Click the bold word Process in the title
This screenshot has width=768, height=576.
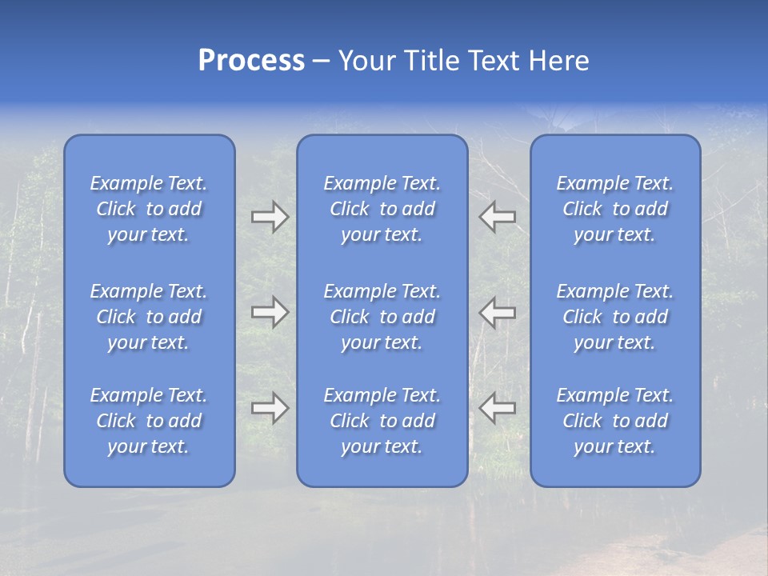coord(251,61)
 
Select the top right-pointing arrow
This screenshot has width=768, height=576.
coord(270,217)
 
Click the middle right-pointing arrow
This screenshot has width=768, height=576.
coord(270,312)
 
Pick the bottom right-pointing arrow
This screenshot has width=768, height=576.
coord(270,408)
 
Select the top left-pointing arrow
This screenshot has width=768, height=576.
coord(498,217)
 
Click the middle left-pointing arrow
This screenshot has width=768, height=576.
coord(498,312)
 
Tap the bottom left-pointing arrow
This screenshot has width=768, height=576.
coord(498,408)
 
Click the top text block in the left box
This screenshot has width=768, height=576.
coord(149,209)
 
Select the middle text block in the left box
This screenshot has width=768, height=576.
coord(149,317)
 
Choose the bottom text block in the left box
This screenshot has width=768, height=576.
coord(149,421)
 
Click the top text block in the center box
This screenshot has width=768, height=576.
coord(382,209)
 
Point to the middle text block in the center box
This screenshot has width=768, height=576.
coord(382,317)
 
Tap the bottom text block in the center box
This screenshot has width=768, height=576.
coord(382,421)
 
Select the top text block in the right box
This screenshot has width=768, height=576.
coord(614,209)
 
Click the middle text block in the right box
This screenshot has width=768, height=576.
coord(614,317)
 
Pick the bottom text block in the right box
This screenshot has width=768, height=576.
coord(614,421)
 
